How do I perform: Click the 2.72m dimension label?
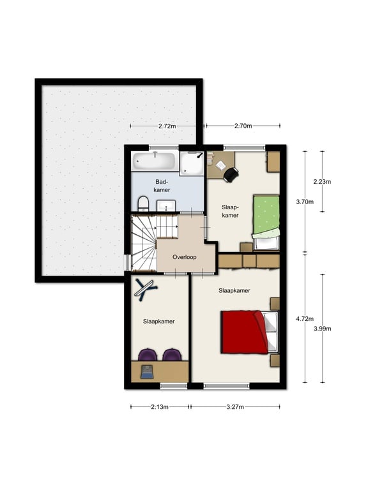167,126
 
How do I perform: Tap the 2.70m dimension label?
243,126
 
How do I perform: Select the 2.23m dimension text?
322,182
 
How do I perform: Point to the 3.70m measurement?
305,202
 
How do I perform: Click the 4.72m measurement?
305,319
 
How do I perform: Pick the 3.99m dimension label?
322,329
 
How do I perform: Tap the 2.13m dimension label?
160,407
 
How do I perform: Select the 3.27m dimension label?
235,407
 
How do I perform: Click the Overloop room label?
185,257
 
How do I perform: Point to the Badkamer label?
162,186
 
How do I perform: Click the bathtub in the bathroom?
154,161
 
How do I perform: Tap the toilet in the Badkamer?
143,203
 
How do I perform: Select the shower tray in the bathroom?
192,163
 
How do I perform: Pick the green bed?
266,223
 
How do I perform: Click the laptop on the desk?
146,372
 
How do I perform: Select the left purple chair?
148,355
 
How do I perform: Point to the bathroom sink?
166,206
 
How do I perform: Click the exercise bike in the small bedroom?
145,290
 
